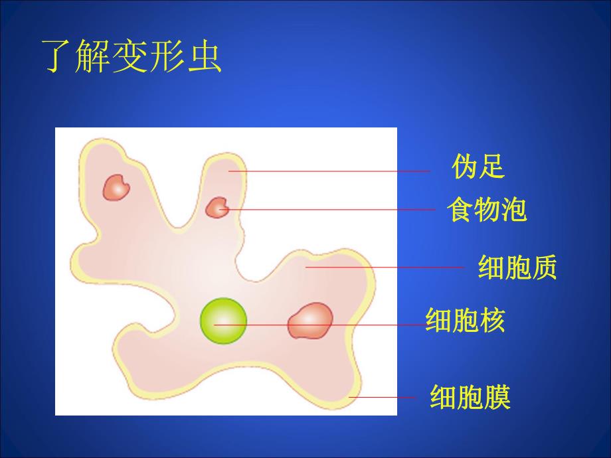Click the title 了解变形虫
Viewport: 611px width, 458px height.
[131, 56]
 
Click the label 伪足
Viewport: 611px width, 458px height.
[478, 167]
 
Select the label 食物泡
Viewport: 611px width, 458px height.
[486, 210]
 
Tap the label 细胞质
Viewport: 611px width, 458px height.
[517, 268]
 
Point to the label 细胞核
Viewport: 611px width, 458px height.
[465, 321]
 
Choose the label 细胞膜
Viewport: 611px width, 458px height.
[470, 398]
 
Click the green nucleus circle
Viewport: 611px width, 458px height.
[224, 321]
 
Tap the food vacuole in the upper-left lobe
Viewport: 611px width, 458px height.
[117, 187]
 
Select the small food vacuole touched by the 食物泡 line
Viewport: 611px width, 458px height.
[217, 208]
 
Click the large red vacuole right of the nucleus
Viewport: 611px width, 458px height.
[309, 321]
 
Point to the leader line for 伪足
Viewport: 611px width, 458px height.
[332, 171]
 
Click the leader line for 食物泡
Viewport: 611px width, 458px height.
[332, 210]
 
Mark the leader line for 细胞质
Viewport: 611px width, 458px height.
[385, 267]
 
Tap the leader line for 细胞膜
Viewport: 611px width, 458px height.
[382, 398]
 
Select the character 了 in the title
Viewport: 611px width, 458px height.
[58, 56]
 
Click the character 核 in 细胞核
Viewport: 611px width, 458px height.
[491, 321]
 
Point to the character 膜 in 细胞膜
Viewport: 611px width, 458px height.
[496, 398]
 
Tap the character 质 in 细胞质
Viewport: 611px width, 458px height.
[544, 268]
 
